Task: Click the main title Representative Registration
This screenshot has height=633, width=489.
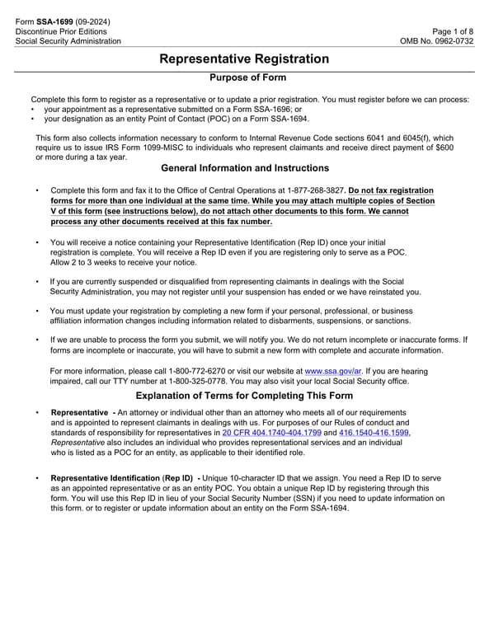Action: (244, 59)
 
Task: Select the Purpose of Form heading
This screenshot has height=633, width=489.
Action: (248, 77)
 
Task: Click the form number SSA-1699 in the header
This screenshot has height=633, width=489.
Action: (54, 21)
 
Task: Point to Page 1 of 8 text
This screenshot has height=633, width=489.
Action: (453, 30)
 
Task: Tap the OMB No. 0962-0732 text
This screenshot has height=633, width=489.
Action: (437, 41)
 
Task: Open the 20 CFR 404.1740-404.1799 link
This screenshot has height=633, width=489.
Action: (278, 432)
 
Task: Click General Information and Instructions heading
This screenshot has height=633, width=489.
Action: (244, 168)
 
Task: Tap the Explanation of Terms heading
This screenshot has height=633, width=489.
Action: (244, 396)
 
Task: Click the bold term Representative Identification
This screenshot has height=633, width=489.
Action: (106, 478)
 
